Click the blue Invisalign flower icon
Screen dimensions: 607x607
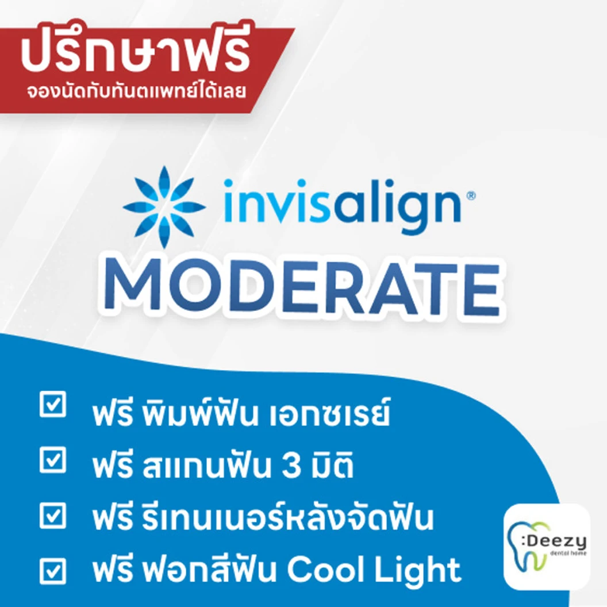164,207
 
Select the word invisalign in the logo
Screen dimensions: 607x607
342,206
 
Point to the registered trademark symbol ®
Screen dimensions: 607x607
471,195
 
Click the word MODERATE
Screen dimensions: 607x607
302,286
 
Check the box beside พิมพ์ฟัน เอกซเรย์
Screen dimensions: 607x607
53,404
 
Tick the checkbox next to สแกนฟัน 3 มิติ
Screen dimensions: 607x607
53,460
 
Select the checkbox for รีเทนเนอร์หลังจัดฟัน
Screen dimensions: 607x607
53,515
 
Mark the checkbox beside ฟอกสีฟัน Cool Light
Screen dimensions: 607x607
53,571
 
